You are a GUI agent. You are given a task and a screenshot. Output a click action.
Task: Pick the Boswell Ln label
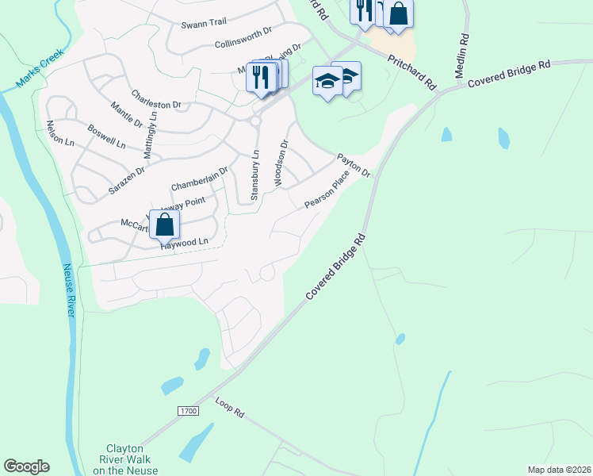[x=107, y=136]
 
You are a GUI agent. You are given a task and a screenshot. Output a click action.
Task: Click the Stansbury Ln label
[x=255, y=175]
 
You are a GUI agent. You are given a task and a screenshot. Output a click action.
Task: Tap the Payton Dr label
[x=354, y=165]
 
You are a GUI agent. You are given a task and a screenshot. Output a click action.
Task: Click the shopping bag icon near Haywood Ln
[x=164, y=225]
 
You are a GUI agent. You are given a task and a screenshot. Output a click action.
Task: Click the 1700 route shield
[x=187, y=411]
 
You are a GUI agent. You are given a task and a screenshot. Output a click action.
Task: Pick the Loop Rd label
[x=230, y=409]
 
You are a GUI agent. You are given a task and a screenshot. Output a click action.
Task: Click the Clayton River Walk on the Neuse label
[x=125, y=459]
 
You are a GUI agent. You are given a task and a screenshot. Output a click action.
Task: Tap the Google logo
[x=26, y=466]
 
